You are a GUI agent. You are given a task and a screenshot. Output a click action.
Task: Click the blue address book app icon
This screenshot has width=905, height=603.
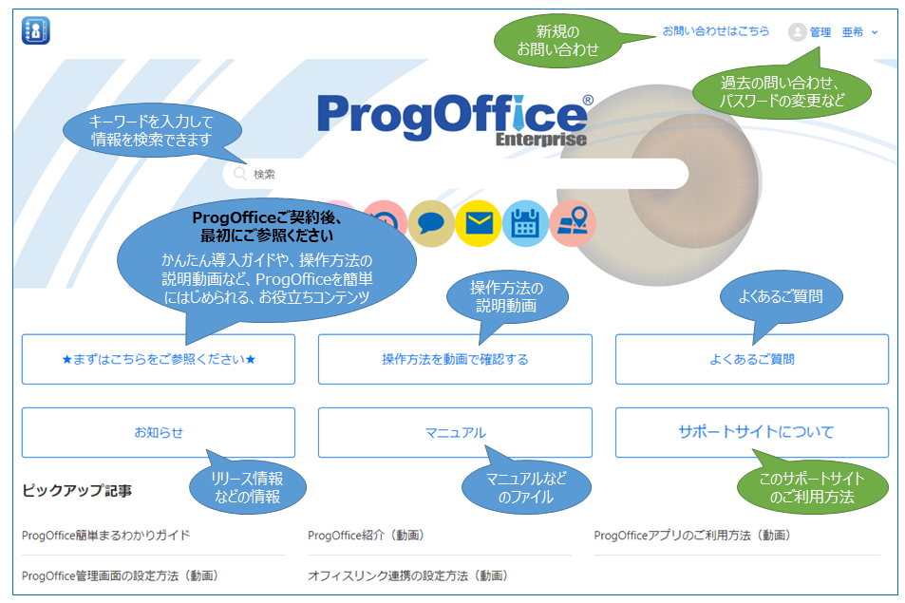tap(36, 30)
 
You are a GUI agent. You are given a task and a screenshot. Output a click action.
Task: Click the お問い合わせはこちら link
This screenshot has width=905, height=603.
tap(716, 31)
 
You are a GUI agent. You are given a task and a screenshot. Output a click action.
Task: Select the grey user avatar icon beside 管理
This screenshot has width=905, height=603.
tap(797, 31)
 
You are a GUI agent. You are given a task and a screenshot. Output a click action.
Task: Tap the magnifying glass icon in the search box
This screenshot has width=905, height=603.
tap(239, 174)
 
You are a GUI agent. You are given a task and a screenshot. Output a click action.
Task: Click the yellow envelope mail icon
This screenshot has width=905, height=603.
tap(479, 223)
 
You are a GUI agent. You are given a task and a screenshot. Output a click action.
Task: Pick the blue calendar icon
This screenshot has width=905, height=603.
tap(525, 223)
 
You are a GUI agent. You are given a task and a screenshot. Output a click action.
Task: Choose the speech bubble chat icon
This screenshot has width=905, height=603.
tap(431, 224)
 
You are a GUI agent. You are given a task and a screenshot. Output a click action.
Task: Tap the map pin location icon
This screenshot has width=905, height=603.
tap(573, 223)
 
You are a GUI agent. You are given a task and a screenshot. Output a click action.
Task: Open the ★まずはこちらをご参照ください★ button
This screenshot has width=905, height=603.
tap(159, 359)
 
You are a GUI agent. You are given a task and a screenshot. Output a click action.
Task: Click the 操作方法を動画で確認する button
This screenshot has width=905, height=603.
tap(455, 359)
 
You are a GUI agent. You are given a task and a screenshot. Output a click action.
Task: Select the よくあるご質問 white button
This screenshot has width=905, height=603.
tap(752, 359)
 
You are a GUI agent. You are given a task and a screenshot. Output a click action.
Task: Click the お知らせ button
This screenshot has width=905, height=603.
tap(159, 432)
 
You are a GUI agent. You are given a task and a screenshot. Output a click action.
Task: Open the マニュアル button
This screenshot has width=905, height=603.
tap(455, 432)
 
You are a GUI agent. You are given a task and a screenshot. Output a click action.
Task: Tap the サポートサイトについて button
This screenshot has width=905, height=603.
tap(752, 432)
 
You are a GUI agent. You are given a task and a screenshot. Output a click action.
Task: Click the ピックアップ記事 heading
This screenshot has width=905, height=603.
tap(77, 491)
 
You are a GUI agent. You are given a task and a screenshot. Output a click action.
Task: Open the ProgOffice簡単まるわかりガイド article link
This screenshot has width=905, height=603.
tap(105, 536)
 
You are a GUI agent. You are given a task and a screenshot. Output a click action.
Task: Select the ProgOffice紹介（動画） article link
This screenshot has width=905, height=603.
tap(367, 536)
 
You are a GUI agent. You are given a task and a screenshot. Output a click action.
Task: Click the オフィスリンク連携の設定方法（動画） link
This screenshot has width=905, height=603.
tap(407, 575)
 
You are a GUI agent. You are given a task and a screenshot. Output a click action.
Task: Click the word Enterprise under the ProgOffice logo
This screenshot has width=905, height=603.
tap(540, 140)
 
